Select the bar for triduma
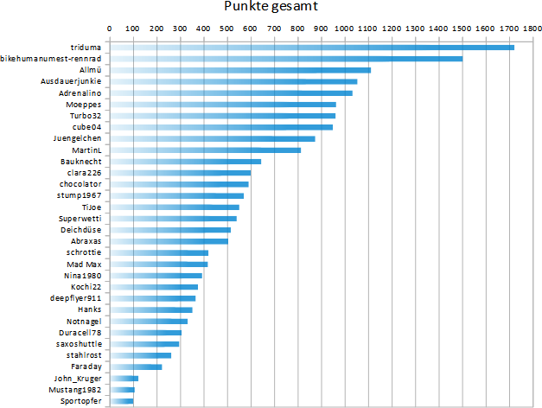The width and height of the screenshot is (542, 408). (311, 48)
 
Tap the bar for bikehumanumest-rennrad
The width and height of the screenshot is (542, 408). (285, 59)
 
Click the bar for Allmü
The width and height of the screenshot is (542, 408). (239, 70)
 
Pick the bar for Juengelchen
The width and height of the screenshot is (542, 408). (212, 138)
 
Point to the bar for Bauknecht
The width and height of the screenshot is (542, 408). (185, 162)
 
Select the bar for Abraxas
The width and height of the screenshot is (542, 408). (169, 241)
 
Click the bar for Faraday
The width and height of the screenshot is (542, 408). (136, 367)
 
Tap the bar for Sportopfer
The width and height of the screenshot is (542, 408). (121, 401)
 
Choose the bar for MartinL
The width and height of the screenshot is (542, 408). (205, 150)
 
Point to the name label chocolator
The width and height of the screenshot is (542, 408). (80, 184)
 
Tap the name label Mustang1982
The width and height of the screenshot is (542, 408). (76, 390)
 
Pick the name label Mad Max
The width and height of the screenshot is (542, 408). (84, 264)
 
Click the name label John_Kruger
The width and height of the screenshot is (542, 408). (78, 379)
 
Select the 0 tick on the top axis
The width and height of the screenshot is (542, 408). (109, 28)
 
